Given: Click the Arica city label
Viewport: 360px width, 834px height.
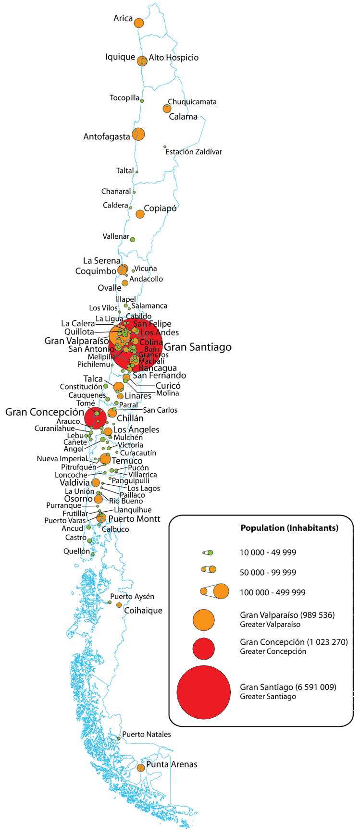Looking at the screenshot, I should point(123,18).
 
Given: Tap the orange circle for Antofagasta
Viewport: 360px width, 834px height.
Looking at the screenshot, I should point(138,135).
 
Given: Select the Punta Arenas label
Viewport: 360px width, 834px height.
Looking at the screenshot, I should point(172,764).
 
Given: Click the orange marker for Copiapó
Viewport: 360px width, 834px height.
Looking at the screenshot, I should point(140,214).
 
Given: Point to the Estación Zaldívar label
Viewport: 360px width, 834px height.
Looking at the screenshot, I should point(194,152).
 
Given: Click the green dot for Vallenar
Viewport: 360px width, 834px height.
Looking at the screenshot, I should point(133,239).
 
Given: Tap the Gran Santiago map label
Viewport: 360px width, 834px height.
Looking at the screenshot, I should point(198,347).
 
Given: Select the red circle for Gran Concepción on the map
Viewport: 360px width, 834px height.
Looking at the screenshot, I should point(96,417).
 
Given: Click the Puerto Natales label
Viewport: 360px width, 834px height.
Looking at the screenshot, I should point(147,734).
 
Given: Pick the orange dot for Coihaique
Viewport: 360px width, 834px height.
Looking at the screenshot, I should point(119,605).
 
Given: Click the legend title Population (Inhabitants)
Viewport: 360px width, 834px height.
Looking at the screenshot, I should point(289,528).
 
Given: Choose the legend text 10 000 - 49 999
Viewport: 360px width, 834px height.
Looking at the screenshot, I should point(268,552).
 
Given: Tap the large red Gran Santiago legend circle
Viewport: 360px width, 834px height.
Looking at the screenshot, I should point(204,692).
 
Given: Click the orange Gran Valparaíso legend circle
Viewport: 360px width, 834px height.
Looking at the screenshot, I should point(203,620).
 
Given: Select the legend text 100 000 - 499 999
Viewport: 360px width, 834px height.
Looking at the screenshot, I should point(273,592).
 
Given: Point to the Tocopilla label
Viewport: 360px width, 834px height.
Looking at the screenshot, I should point(124,98).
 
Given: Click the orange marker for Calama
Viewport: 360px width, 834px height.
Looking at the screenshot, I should point(167,109).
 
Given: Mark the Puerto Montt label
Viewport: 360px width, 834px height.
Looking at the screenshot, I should point(134,519).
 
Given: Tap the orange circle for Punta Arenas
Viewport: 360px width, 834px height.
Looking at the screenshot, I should point(140,768).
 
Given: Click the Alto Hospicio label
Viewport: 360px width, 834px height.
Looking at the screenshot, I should point(174,58).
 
